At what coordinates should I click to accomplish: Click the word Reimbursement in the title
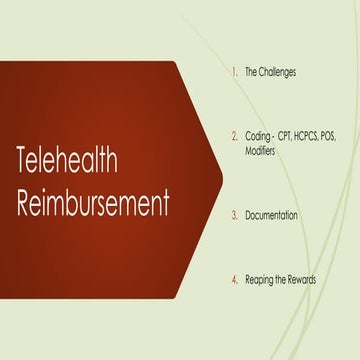pyautogui.click(x=93, y=202)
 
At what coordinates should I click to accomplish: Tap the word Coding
pyautogui.click(x=259, y=133)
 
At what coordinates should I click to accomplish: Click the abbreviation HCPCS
pyautogui.click(x=313, y=133)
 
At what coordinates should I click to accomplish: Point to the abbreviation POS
pyautogui.click(x=340, y=133)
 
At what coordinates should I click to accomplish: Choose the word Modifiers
pyautogui.click(x=263, y=146)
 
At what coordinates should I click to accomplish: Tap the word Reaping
pyautogui.click(x=260, y=280)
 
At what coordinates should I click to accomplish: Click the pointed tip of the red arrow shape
pyautogui.click(x=221, y=180)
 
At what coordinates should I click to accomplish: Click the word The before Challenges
pyautogui.click(x=252, y=72)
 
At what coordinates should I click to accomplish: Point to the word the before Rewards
pyautogui.click(x=281, y=280)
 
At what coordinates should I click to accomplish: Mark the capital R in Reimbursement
pyautogui.click(x=25, y=202)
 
